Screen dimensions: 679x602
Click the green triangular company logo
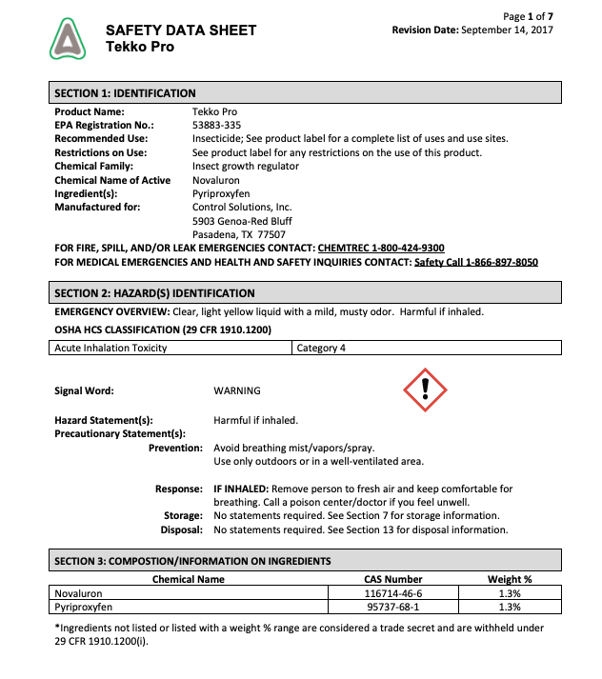click(x=68, y=40)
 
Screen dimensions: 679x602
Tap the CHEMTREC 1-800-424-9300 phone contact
click(x=381, y=248)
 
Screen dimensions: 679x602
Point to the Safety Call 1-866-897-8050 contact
click(x=476, y=262)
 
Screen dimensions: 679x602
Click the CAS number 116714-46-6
click(x=393, y=592)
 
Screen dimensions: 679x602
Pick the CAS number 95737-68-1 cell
click(x=393, y=606)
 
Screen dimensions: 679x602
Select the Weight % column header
click(x=510, y=578)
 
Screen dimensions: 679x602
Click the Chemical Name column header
click(x=189, y=578)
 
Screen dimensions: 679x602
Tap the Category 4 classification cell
click(x=321, y=348)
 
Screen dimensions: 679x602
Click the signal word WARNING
click(x=237, y=390)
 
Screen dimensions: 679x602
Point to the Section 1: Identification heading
click(x=125, y=93)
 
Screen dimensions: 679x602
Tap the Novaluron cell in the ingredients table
click(x=79, y=592)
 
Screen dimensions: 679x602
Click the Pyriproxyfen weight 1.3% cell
click(x=510, y=606)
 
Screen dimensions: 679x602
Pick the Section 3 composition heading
click(x=192, y=561)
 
